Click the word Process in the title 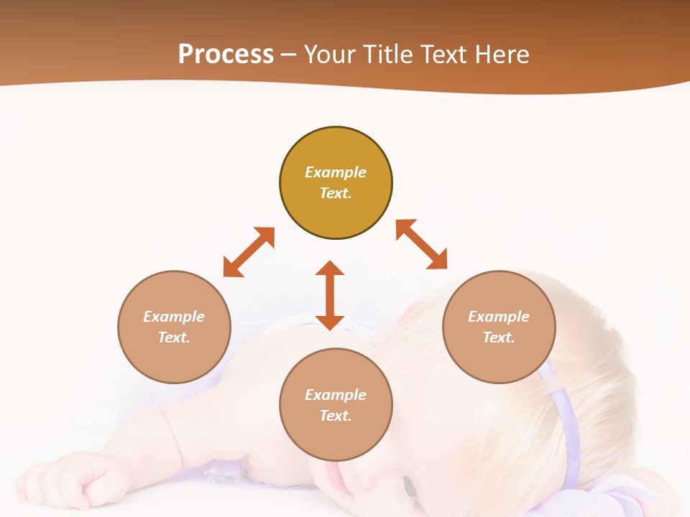[226, 55]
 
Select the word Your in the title [333, 55]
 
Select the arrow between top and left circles [249, 252]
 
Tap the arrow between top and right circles [422, 244]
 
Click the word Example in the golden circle [336, 172]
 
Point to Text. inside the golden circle [336, 193]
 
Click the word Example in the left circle [174, 317]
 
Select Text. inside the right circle [499, 337]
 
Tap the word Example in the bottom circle [336, 395]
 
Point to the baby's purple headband [568, 424]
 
